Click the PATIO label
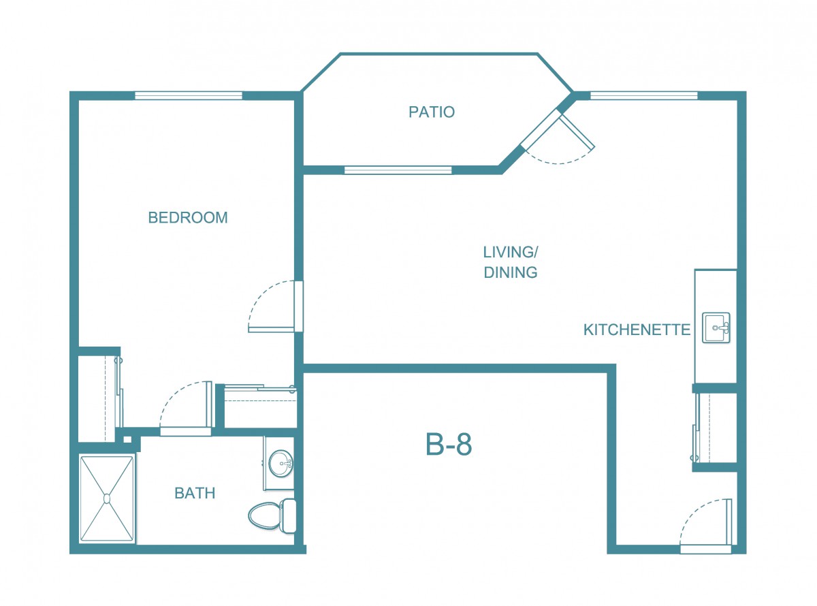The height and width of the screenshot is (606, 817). pos(432,112)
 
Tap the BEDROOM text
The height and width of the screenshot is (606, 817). pos(188,218)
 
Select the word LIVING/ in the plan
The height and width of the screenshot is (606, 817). pos(511,253)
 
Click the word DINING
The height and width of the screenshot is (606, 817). pos(511,272)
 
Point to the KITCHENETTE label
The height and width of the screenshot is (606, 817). pos(637,330)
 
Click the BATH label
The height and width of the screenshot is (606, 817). pos(195,493)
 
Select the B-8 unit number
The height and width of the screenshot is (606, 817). pos(449,445)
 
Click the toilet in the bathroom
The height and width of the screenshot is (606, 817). pos(272,515)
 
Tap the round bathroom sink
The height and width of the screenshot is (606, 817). pos(281,463)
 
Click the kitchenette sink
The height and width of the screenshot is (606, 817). pos(716,328)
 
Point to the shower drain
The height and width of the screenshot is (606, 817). pos(107,499)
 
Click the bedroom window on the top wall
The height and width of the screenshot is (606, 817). pos(188,95)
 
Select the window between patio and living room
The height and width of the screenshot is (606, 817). pos(398,170)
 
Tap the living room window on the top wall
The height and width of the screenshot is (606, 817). pos(644,95)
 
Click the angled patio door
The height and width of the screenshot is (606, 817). pos(577,131)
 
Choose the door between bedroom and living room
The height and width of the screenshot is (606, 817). pos(272,329)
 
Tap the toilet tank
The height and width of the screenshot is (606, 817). pos(289,515)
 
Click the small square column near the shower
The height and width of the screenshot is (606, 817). pos(127,439)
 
